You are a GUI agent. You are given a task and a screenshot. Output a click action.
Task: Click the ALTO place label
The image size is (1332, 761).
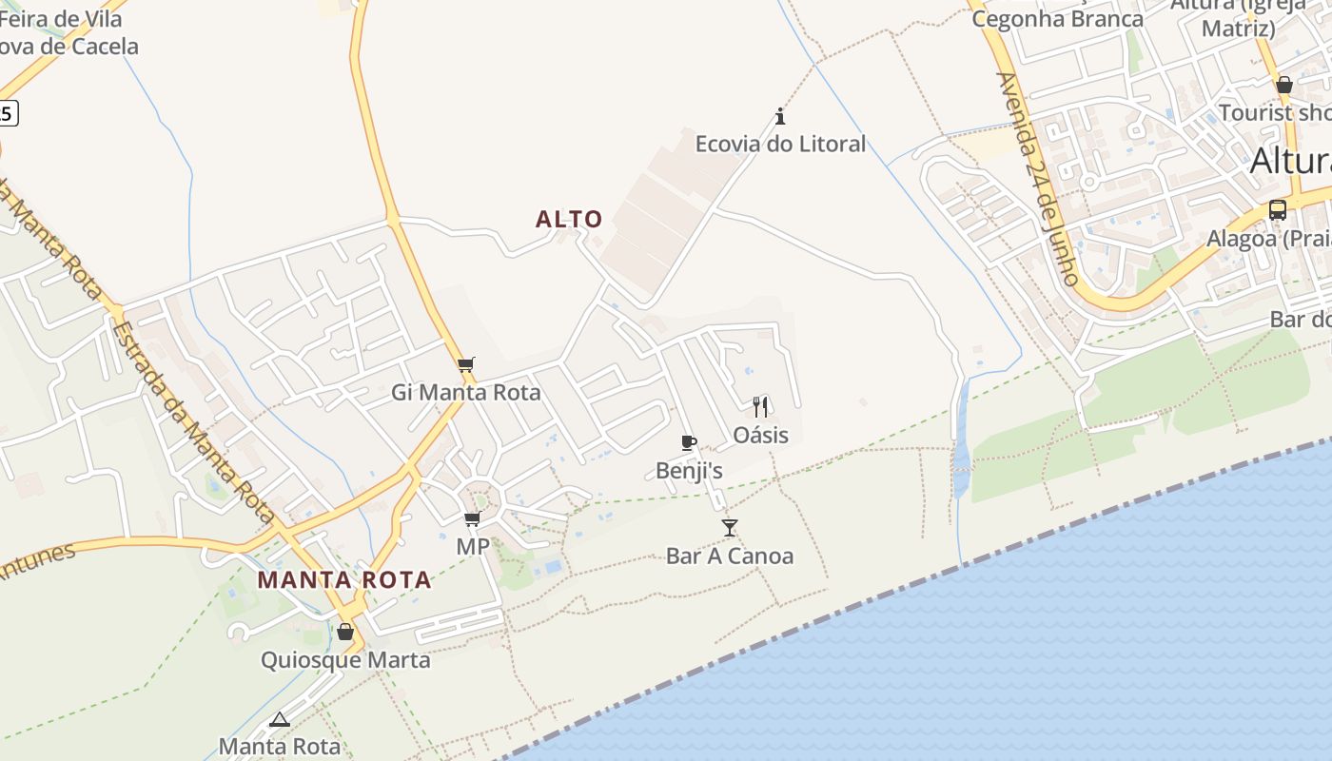pyautogui.click(x=569, y=220)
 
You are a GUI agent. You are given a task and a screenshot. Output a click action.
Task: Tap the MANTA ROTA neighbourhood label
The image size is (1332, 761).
pyautogui.click(x=344, y=579)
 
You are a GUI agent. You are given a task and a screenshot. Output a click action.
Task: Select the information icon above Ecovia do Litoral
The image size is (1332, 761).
pyautogui.click(x=780, y=117)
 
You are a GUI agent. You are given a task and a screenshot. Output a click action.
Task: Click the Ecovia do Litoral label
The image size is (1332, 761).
pyautogui.click(x=780, y=145)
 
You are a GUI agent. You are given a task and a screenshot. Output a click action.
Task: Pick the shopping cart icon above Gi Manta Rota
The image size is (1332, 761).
pyautogui.click(x=466, y=365)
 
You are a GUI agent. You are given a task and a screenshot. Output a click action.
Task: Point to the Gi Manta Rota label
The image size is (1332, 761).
pyautogui.click(x=466, y=392)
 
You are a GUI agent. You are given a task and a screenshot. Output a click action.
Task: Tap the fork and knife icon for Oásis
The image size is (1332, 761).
pyautogui.click(x=760, y=407)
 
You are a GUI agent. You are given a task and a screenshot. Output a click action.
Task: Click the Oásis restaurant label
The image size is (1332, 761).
pyautogui.click(x=760, y=435)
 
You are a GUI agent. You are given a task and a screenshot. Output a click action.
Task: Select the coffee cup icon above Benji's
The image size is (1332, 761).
pyautogui.click(x=689, y=443)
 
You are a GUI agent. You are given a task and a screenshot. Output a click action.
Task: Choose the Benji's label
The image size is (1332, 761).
pyautogui.click(x=689, y=471)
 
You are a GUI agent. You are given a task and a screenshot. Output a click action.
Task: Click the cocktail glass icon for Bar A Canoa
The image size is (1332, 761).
pyautogui.click(x=730, y=528)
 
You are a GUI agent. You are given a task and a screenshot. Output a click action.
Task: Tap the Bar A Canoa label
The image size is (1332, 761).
pyautogui.click(x=730, y=556)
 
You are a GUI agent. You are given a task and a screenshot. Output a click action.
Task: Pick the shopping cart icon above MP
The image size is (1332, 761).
pyautogui.click(x=472, y=519)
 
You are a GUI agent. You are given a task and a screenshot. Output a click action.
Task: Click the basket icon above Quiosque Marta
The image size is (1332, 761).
pyautogui.click(x=345, y=632)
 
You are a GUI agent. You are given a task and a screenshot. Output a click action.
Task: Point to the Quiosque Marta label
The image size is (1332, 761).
pyautogui.click(x=345, y=660)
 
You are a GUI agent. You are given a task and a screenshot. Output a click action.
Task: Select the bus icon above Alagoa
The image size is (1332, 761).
pyautogui.click(x=1278, y=210)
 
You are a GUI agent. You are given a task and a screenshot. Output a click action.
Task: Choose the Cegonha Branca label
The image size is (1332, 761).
pyautogui.click(x=1057, y=19)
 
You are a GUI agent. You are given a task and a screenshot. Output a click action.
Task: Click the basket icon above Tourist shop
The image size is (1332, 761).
pyautogui.click(x=1284, y=85)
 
